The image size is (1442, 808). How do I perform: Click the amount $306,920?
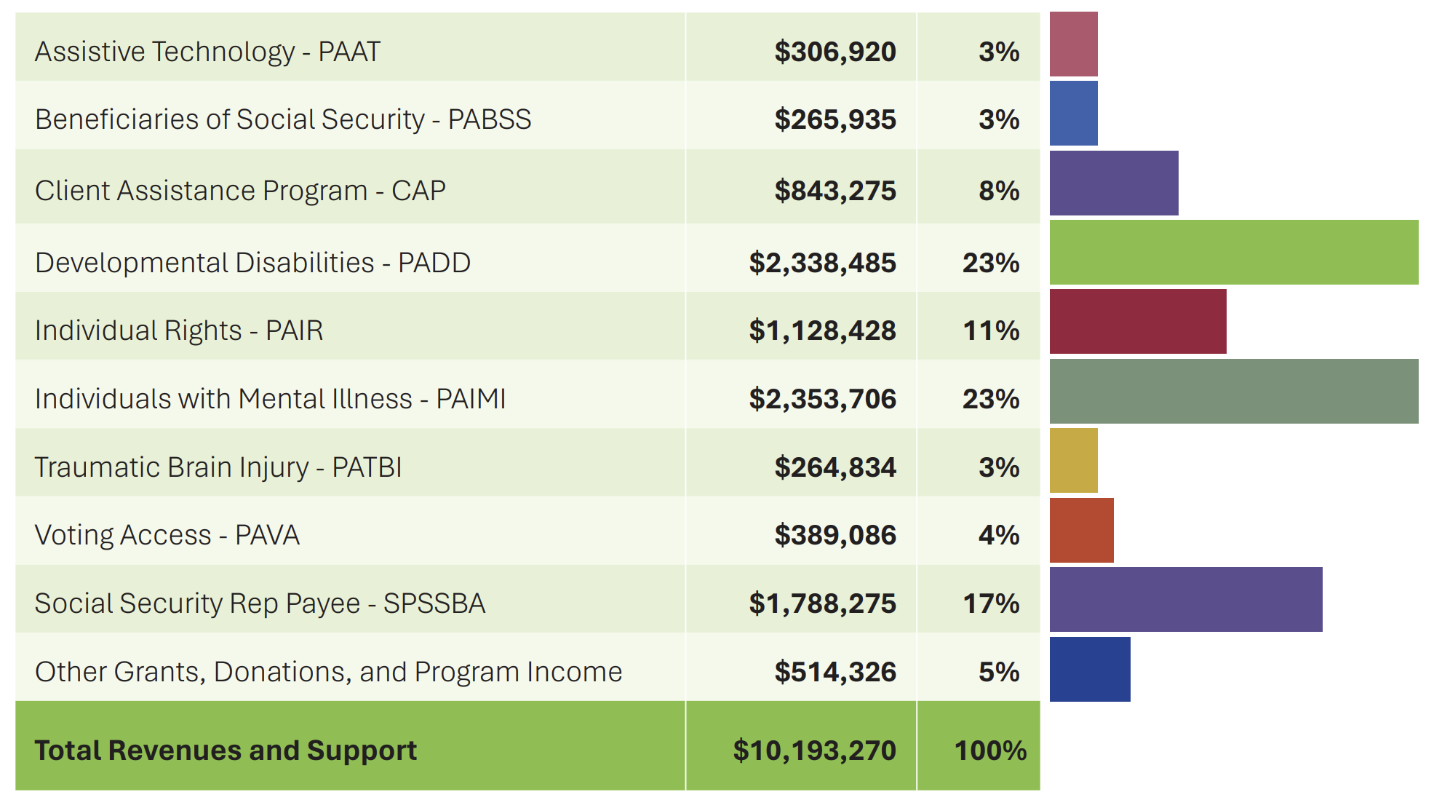[834, 52]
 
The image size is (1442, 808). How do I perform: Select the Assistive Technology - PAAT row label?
[207, 52]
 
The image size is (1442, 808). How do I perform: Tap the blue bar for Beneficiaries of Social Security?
[1073, 114]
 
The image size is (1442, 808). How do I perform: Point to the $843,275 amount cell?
[834, 191]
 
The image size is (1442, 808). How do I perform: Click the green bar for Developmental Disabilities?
[1233, 253]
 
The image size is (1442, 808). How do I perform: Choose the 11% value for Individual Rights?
[991, 330]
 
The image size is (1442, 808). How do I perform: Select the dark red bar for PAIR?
[1137, 322]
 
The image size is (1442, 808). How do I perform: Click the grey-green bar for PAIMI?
[1233, 391]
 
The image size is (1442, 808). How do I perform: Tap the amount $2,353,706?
[822, 399]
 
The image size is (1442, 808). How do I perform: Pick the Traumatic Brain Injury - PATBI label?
[218, 467]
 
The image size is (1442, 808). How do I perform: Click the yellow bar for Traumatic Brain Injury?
[1073, 461]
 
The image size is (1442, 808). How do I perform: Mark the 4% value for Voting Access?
[998, 535]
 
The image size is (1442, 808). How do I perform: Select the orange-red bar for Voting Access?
[1081, 530]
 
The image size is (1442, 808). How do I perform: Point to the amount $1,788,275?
[822, 603]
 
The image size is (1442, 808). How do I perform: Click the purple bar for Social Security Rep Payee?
[1185, 599]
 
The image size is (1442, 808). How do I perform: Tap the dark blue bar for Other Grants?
[1089, 669]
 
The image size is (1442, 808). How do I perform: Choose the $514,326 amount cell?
[834, 672]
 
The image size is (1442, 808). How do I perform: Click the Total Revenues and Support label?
[226, 750]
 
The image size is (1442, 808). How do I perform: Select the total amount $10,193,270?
[814, 750]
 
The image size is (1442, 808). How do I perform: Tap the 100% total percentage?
[989, 750]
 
